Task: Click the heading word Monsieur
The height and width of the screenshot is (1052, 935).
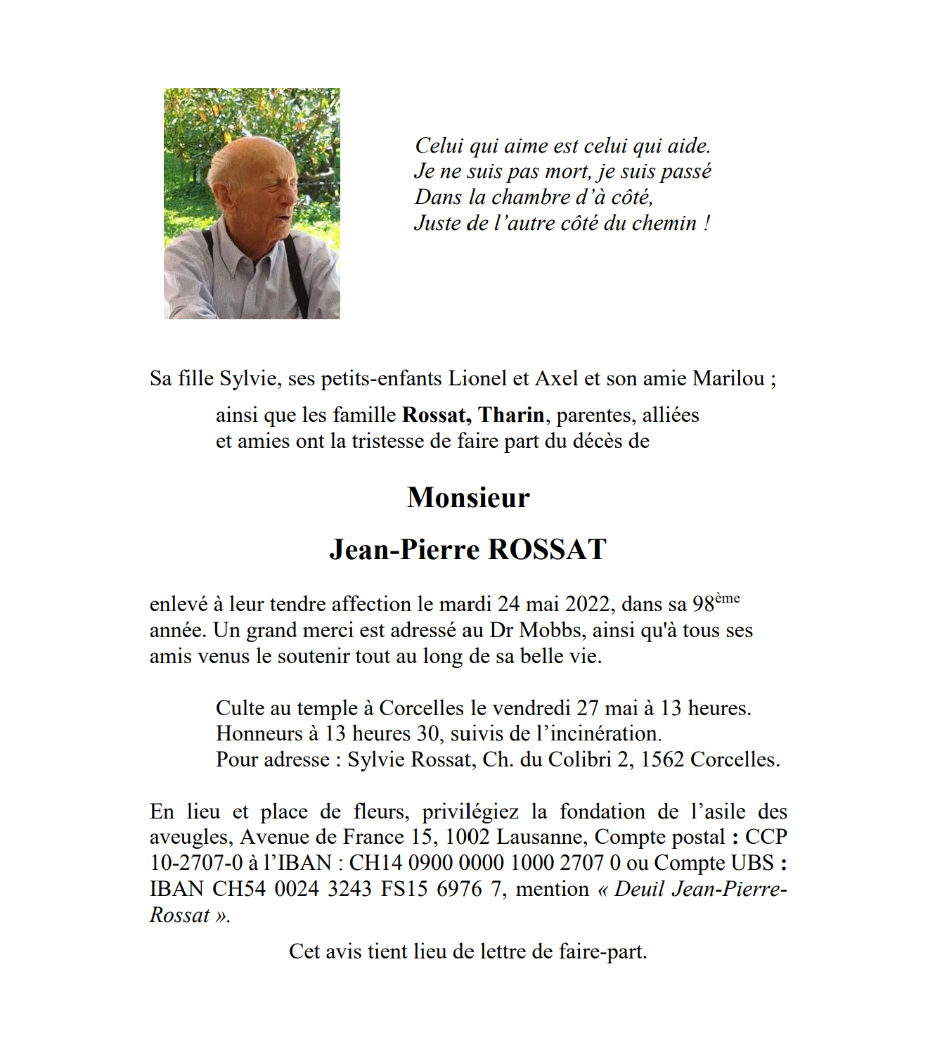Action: (x=468, y=498)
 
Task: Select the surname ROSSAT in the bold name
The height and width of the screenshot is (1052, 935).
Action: (x=547, y=550)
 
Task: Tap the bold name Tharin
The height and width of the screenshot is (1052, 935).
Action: (x=511, y=416)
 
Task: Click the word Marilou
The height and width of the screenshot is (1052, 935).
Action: (x=728, y=379)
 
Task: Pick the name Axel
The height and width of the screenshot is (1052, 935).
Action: (x=556, y=379)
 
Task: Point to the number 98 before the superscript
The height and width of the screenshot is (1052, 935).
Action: (x=703, y=605)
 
